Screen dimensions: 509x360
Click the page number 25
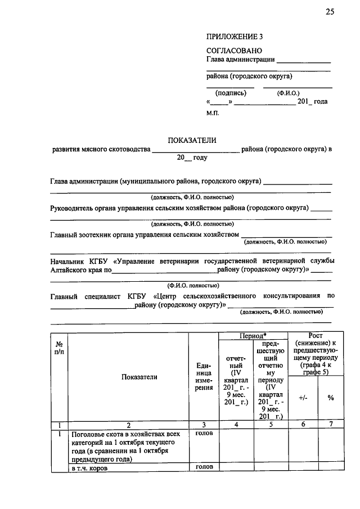(330, 13)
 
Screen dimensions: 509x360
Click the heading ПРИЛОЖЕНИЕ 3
(235, 37)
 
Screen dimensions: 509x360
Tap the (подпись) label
(231, 93)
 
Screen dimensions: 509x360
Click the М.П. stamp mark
(213, 112)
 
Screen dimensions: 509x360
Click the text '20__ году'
(192, 158)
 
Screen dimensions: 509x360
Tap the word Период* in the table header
(253, 335)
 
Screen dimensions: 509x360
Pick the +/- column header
(303, 398)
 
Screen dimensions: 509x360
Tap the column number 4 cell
(236, 425)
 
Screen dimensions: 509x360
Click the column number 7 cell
(331, 425)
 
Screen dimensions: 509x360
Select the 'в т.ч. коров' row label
(89, 467)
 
